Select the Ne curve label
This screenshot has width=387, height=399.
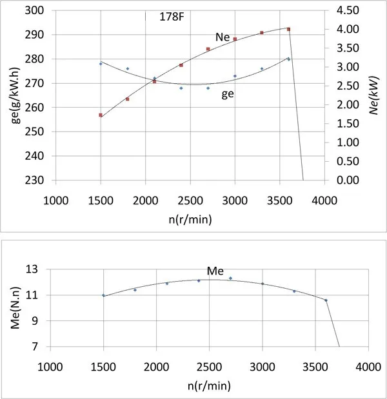(x=223, y=37)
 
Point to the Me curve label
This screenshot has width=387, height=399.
(x=215, y=270)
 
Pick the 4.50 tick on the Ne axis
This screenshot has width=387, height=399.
(x=346, y=11)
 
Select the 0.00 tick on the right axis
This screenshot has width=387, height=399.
(x=346, y=180)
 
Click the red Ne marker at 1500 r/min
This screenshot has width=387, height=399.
(x=101, y=115)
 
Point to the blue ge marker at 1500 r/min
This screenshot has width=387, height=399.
(x=101, y=63)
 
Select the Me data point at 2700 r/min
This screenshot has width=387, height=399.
(x=230, y=278)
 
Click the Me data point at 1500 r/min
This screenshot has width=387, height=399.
(x=103, y=295)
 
